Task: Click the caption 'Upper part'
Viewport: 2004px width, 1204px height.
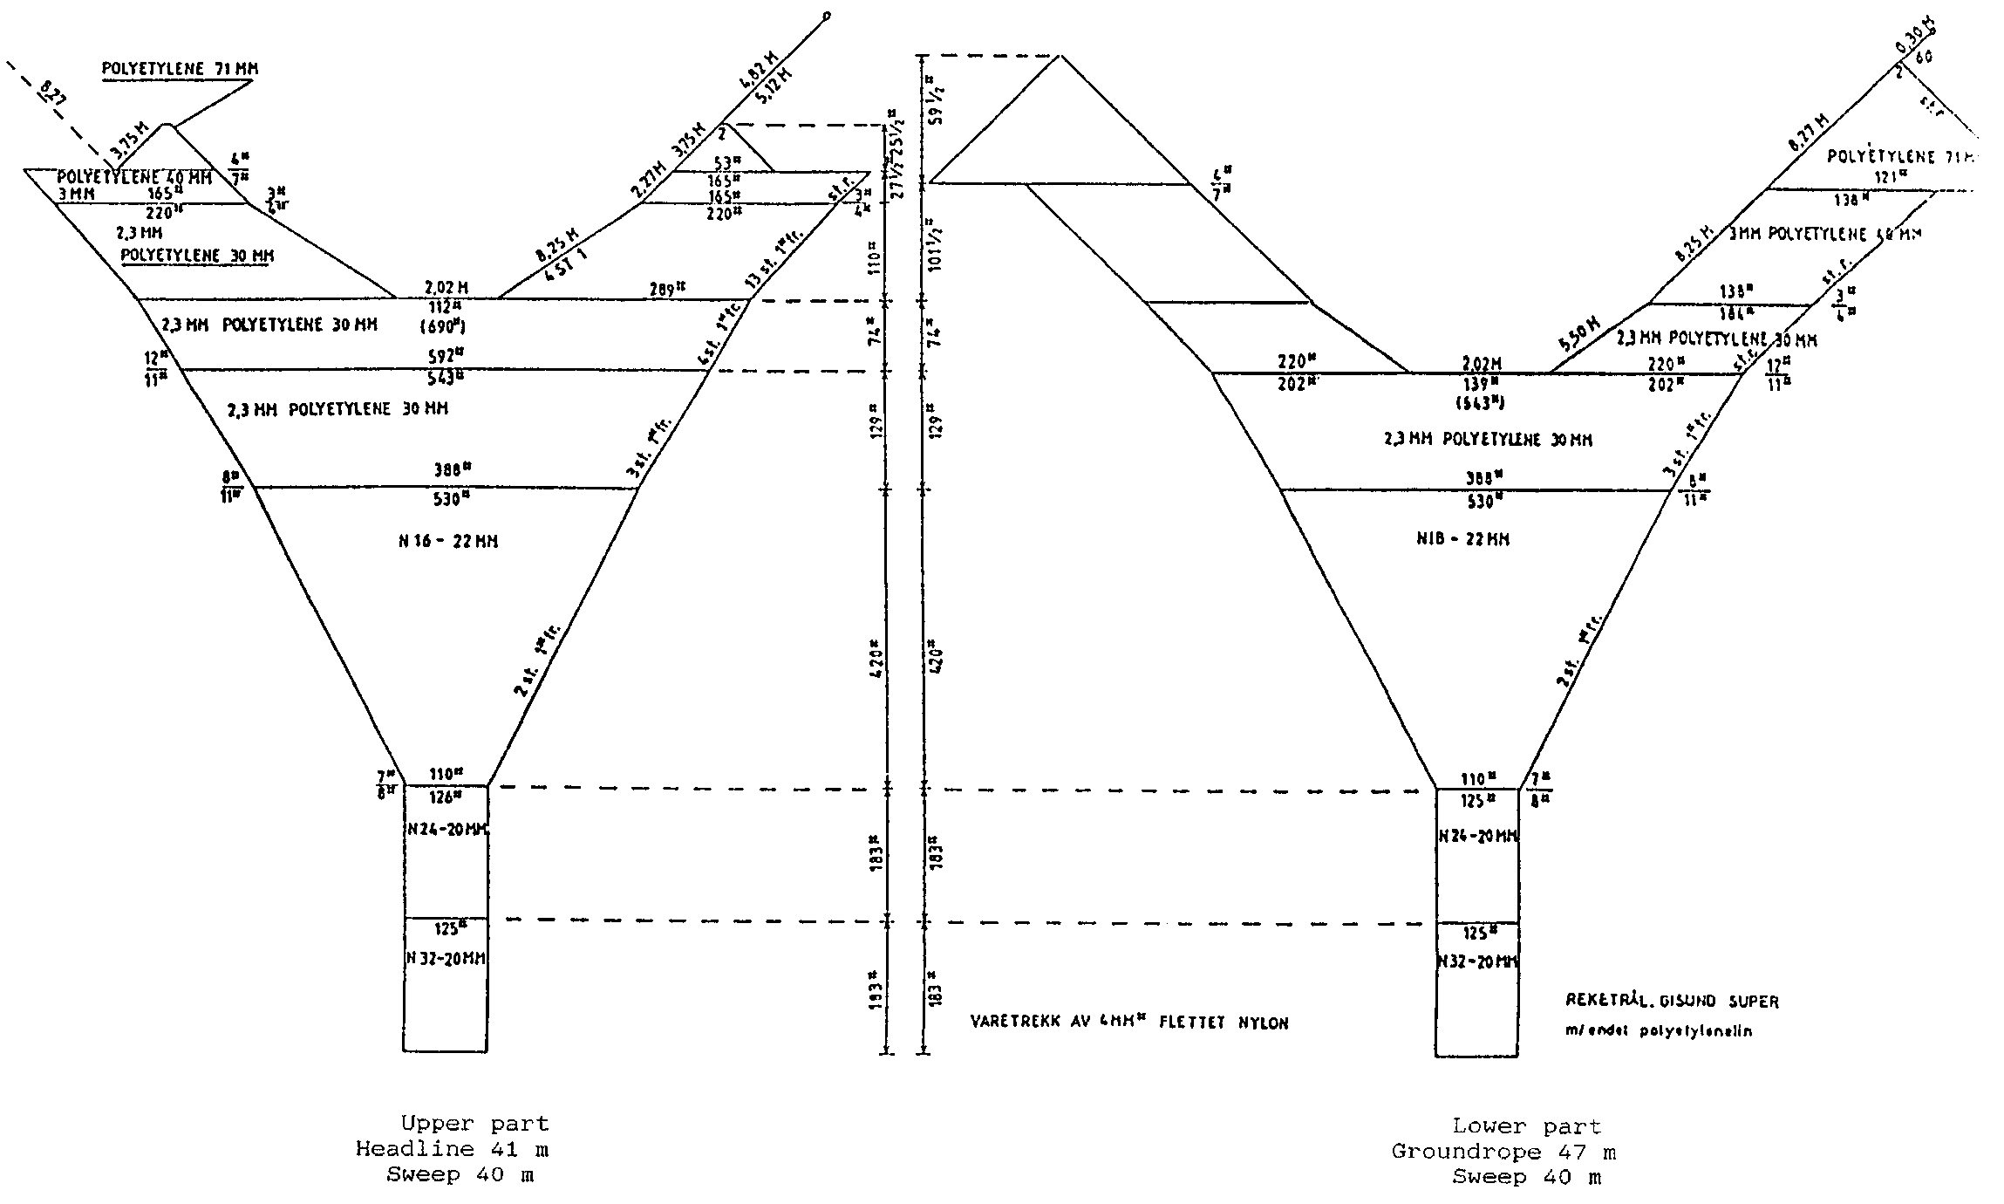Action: tap(474, 1124)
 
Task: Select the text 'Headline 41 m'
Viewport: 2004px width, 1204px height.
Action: tap(452, 1149)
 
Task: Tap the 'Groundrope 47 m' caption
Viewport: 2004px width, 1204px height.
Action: tap(1503, 1152)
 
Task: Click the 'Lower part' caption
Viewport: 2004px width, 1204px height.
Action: tap(1526, 1126)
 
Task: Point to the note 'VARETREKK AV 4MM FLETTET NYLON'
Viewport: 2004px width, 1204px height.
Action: tap(1128, 1023)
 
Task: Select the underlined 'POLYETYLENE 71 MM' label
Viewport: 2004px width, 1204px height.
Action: tap(180, 69)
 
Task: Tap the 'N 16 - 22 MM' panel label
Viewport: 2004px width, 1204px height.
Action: tap(448, 541)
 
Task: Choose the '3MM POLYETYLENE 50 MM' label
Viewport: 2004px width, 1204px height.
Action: tap(1825, 234)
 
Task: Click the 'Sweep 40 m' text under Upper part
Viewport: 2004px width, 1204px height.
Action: tap(460, 1174)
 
